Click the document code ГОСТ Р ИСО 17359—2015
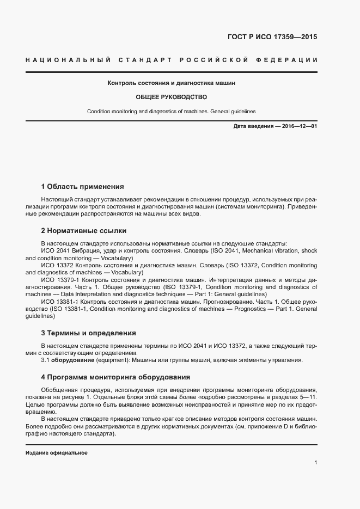tap(271, 37)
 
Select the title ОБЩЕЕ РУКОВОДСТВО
tap(172, 97)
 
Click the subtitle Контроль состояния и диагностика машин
tap(172, 83)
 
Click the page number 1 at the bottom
tap(315, 462)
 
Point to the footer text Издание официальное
tap(57, 453)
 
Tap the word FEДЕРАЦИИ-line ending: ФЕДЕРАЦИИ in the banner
tap(292, 59)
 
